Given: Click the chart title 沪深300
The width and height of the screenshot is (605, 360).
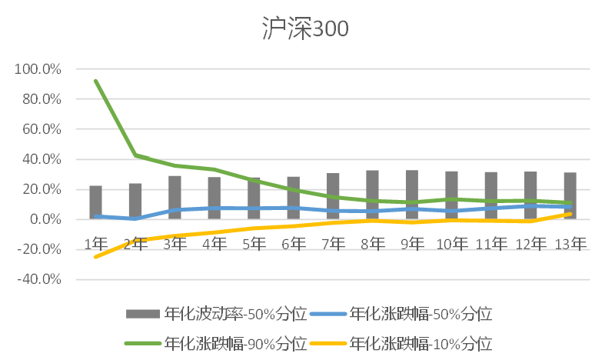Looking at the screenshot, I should (x=302, y=29).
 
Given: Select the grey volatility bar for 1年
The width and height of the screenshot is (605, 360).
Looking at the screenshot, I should (x=95, y=202).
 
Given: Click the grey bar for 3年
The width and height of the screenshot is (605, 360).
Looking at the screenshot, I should (x=175, y=198).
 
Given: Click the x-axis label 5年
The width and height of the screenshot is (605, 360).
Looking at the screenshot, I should (x=254, y=244).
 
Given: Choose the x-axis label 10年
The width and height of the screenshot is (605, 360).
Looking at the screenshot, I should (x=451, y=244).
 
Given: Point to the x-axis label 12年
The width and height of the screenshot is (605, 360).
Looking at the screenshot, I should (x=530, y=244).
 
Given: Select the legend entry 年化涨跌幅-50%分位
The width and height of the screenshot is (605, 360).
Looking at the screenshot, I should (x=420, y=313).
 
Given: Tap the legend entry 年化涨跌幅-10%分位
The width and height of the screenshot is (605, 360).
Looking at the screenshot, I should (x=420, y=342).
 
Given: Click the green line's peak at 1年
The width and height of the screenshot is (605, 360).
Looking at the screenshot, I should (x=95, y=81).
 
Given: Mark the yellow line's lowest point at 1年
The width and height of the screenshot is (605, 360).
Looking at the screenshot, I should (x=95, y=256).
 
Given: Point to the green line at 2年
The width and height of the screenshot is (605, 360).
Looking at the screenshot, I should (x=135, y=155).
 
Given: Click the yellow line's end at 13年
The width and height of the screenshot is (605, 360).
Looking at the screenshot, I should (x=570, y=214).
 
